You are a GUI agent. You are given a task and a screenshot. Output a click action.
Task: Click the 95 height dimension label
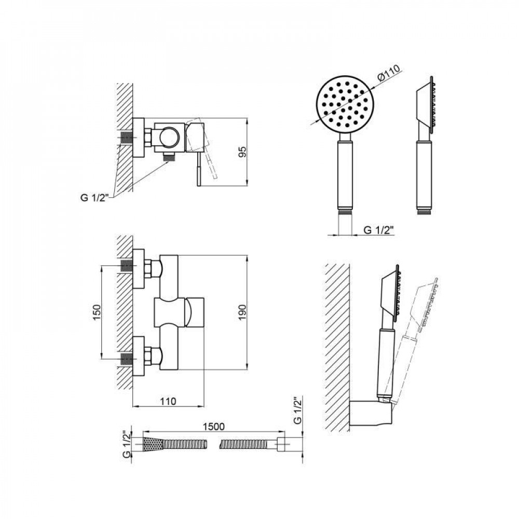[242, 152]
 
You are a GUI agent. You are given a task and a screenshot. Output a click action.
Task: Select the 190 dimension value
[242, 312]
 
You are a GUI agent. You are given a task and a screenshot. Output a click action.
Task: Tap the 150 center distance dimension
[97, 312]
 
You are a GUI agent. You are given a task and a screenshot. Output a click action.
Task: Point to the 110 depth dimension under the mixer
[168, 401]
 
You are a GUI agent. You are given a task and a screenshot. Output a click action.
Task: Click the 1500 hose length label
[213, 427]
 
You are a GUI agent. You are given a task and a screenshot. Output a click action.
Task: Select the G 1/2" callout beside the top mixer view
[94, 198]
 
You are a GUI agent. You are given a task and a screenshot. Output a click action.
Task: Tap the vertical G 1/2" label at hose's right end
[297, 410]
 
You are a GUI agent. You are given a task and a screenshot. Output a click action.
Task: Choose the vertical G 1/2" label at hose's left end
[127, 444]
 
